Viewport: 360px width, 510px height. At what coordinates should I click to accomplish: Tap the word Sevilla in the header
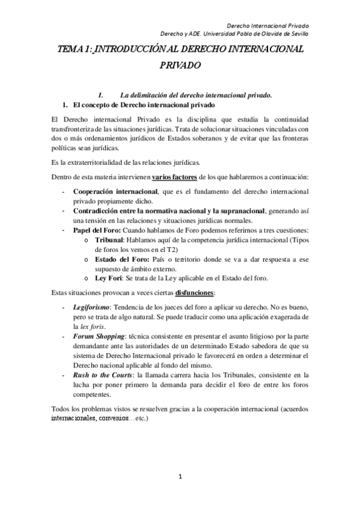296,34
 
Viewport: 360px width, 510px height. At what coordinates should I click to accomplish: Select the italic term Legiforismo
90,307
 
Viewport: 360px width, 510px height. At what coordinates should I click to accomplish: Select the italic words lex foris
88,325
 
